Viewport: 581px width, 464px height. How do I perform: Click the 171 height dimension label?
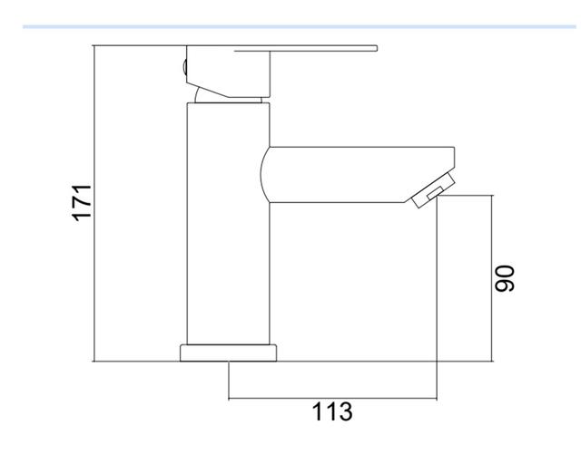pos(82,203)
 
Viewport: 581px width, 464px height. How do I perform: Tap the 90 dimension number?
pos(505,278)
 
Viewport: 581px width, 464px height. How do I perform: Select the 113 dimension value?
pos(332,411)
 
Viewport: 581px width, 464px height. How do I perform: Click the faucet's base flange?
pos(228,353)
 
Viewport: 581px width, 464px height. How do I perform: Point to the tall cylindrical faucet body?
pos(228,224)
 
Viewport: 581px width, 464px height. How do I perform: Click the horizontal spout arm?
pos(358,175)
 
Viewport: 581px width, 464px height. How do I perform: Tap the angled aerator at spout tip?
pos(434,189)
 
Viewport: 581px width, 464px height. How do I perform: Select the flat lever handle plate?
pos(306,48)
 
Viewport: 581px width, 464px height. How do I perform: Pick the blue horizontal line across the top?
pos(300,26)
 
